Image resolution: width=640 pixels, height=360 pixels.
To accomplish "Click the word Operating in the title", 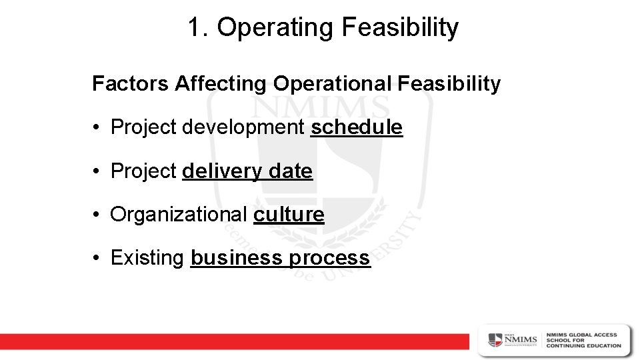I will pos(274,27).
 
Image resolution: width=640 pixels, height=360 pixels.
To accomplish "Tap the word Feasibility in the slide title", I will pos(399,27).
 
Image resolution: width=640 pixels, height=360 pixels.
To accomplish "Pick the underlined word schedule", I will pos(357,127).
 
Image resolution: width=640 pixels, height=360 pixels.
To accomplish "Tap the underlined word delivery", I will pos(223,171).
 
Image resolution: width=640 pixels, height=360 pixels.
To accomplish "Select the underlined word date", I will pos(291,171).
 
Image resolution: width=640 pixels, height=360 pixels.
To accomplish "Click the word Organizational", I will pos(179,215).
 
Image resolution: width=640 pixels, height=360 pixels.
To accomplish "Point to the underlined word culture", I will pos(289,215).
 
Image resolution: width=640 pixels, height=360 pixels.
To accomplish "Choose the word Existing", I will pos(147,258).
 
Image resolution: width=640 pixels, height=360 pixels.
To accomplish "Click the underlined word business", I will pos(237,258).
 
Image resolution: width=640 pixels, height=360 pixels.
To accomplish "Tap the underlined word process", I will pos(329,258).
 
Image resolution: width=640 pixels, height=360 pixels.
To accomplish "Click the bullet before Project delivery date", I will pos(97,172).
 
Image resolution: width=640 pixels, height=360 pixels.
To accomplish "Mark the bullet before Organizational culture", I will pos(97,215).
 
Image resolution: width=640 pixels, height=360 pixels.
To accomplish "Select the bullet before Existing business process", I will pos(97,259).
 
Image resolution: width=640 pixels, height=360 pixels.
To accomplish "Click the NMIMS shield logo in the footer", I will pos(496,339).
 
